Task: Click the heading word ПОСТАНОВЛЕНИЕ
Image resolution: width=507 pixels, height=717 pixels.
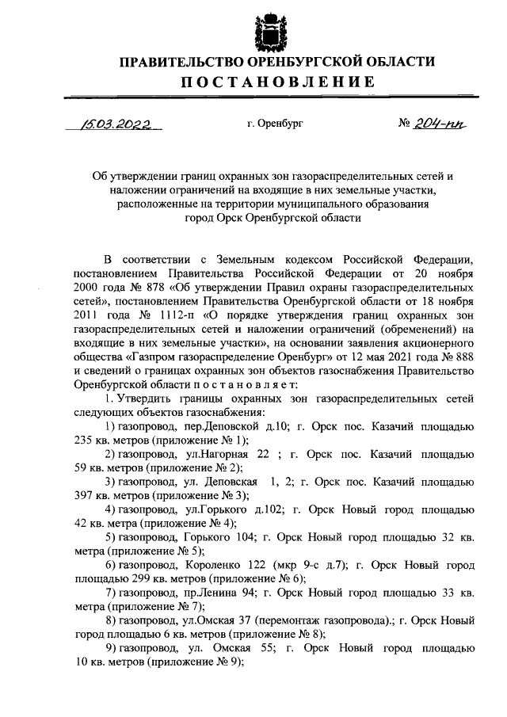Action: coord(276,82)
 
